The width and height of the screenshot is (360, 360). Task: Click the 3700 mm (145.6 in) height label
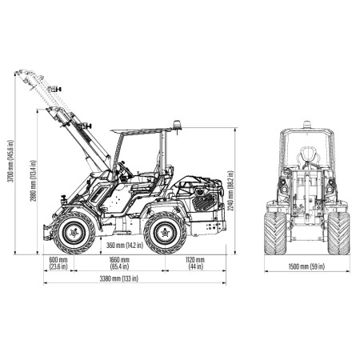[x=10, y=161]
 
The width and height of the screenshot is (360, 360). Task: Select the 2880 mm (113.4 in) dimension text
[x=33, y=181]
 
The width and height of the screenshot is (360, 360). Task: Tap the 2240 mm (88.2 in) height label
[x=231, y=190]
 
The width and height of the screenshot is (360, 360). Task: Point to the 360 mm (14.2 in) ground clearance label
[x=125, y=245]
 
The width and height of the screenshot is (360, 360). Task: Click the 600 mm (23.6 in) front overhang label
[x=58, y=263]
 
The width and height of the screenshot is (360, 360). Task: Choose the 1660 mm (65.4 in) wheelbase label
[x=119, y=263]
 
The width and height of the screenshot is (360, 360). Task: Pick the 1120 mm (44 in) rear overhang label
[x=195, y=263]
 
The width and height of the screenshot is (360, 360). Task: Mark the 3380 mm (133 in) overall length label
[x=119, y=278]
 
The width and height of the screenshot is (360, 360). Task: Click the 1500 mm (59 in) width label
[x=306, y=266]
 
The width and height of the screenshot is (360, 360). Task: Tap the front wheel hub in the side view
[x=74, y=233]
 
